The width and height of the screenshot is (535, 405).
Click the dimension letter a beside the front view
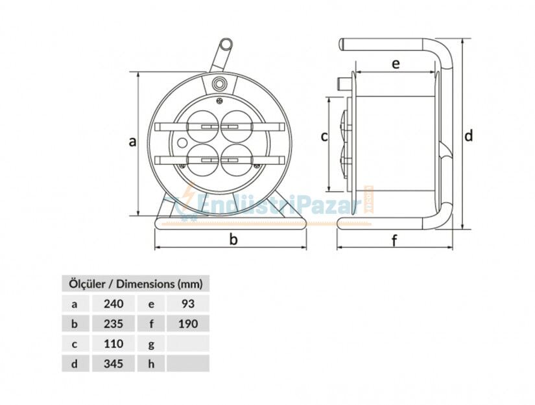point(132,142)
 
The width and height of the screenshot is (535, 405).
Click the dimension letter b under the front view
point(233,240)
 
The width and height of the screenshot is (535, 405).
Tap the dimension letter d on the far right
point(468,136)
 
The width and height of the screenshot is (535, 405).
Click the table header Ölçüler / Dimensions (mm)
point(136,284)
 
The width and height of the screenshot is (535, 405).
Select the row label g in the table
point(150,343)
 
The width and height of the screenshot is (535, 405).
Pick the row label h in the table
point(150,364)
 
